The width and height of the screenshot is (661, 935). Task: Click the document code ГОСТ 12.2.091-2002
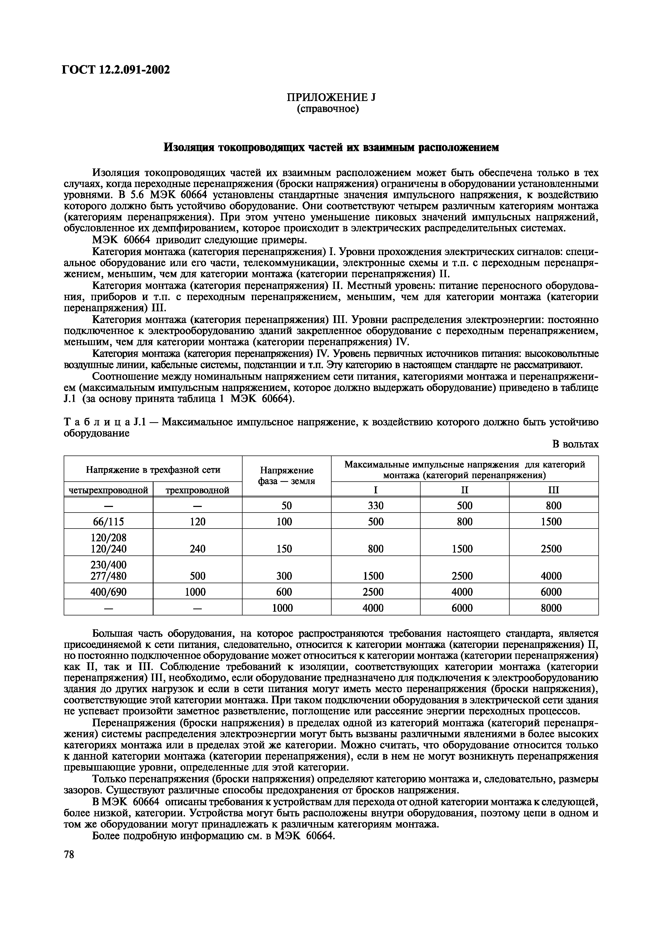click(x=115, y=70)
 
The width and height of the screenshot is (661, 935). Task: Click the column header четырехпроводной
click(x=108, y=490)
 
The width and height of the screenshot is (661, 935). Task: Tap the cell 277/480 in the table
click(x=108, y=576)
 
